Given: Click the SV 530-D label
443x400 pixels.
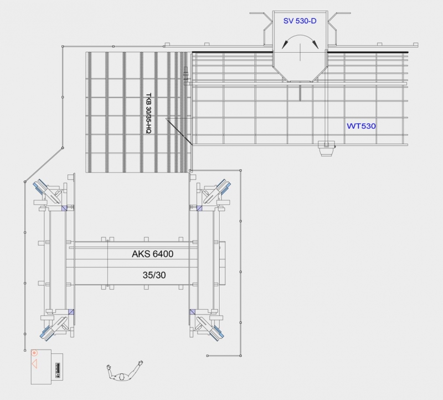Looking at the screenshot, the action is pos(300,21).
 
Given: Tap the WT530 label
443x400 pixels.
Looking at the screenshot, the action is pos(361,126).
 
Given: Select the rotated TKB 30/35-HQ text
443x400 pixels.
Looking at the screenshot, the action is pos(148,113).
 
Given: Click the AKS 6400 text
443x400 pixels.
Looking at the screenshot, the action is pos(153,254).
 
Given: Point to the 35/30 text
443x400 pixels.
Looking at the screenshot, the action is pos(154,275).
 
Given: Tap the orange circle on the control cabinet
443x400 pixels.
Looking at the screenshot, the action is pos(34,353).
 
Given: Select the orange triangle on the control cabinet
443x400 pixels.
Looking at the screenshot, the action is pos(34,363).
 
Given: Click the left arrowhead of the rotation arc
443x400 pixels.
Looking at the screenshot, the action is pos(285,45).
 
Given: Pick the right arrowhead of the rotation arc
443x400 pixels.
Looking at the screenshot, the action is pos(315,44).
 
